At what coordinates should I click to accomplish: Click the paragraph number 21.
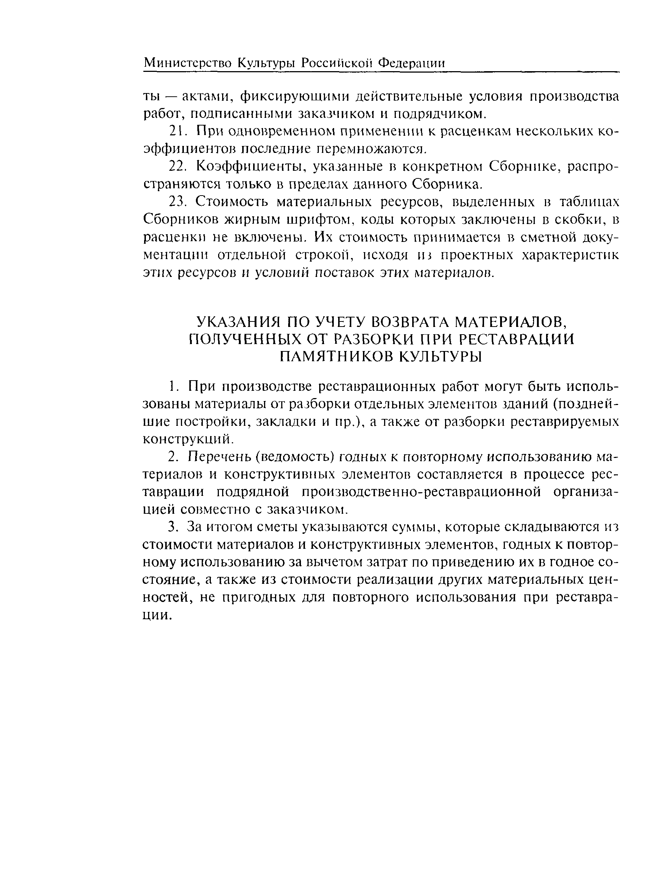point(175,131)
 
